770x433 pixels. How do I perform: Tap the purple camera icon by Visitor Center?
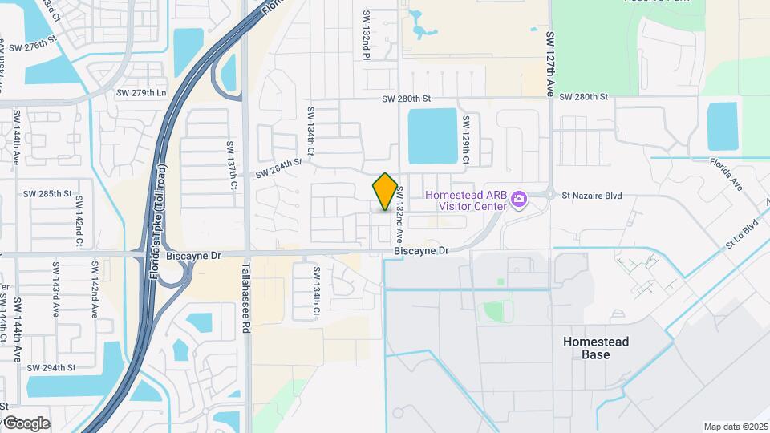tap(519, 198)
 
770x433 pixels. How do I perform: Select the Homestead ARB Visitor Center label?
tap(466, 199)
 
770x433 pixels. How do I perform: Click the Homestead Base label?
tap(596, 348)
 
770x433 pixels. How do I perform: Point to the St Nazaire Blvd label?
tap(592, 196)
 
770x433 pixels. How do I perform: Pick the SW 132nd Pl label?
tap(366, 36)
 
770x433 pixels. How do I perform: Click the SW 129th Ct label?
tap(465, 141)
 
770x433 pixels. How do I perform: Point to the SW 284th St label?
tap(278, 168)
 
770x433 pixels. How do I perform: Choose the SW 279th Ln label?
tap(143, 92)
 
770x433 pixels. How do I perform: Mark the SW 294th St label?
tap(51, 368)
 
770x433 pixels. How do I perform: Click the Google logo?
tap(26, 423)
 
